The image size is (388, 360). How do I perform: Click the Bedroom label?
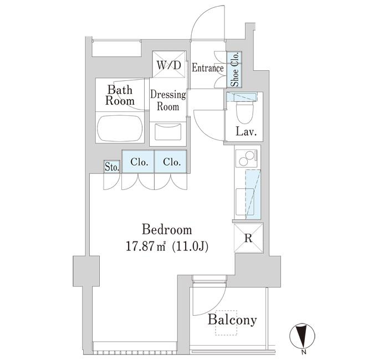tap(167, 230)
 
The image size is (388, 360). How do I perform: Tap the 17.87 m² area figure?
tap(145, 247)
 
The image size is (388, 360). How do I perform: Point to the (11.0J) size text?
tap(190, 247)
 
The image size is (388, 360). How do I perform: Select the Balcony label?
tap(232, 320)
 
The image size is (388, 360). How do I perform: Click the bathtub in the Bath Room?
tap(120, 128)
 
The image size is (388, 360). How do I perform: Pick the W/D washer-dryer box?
tap(169, 65)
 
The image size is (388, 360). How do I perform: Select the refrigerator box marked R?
tap(248, 238)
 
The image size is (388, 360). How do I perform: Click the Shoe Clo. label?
tap(235, 69)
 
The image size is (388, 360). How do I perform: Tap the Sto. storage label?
tap(112, 167)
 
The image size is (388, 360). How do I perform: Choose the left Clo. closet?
tap(138, 162)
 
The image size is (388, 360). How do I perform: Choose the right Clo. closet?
tap(171, 162)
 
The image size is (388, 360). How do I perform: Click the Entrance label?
tap(208, 68)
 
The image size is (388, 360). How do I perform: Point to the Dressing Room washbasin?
tap(168, 132)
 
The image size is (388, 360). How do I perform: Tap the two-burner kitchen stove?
tap(247, 158)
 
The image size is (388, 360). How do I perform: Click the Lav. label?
tap(246, 132)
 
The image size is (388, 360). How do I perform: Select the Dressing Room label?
tap(168, 100)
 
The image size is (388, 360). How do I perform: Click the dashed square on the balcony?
tap(226, 323)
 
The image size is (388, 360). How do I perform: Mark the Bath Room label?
tap(120, 95)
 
